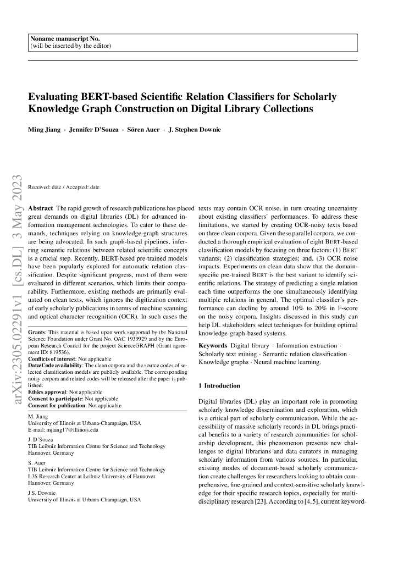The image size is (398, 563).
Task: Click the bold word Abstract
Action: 40,208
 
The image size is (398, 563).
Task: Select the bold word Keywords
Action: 212,346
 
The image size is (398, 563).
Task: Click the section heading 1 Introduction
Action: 219,386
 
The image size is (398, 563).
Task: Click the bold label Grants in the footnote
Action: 37,333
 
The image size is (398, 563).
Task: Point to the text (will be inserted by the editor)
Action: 71,46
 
